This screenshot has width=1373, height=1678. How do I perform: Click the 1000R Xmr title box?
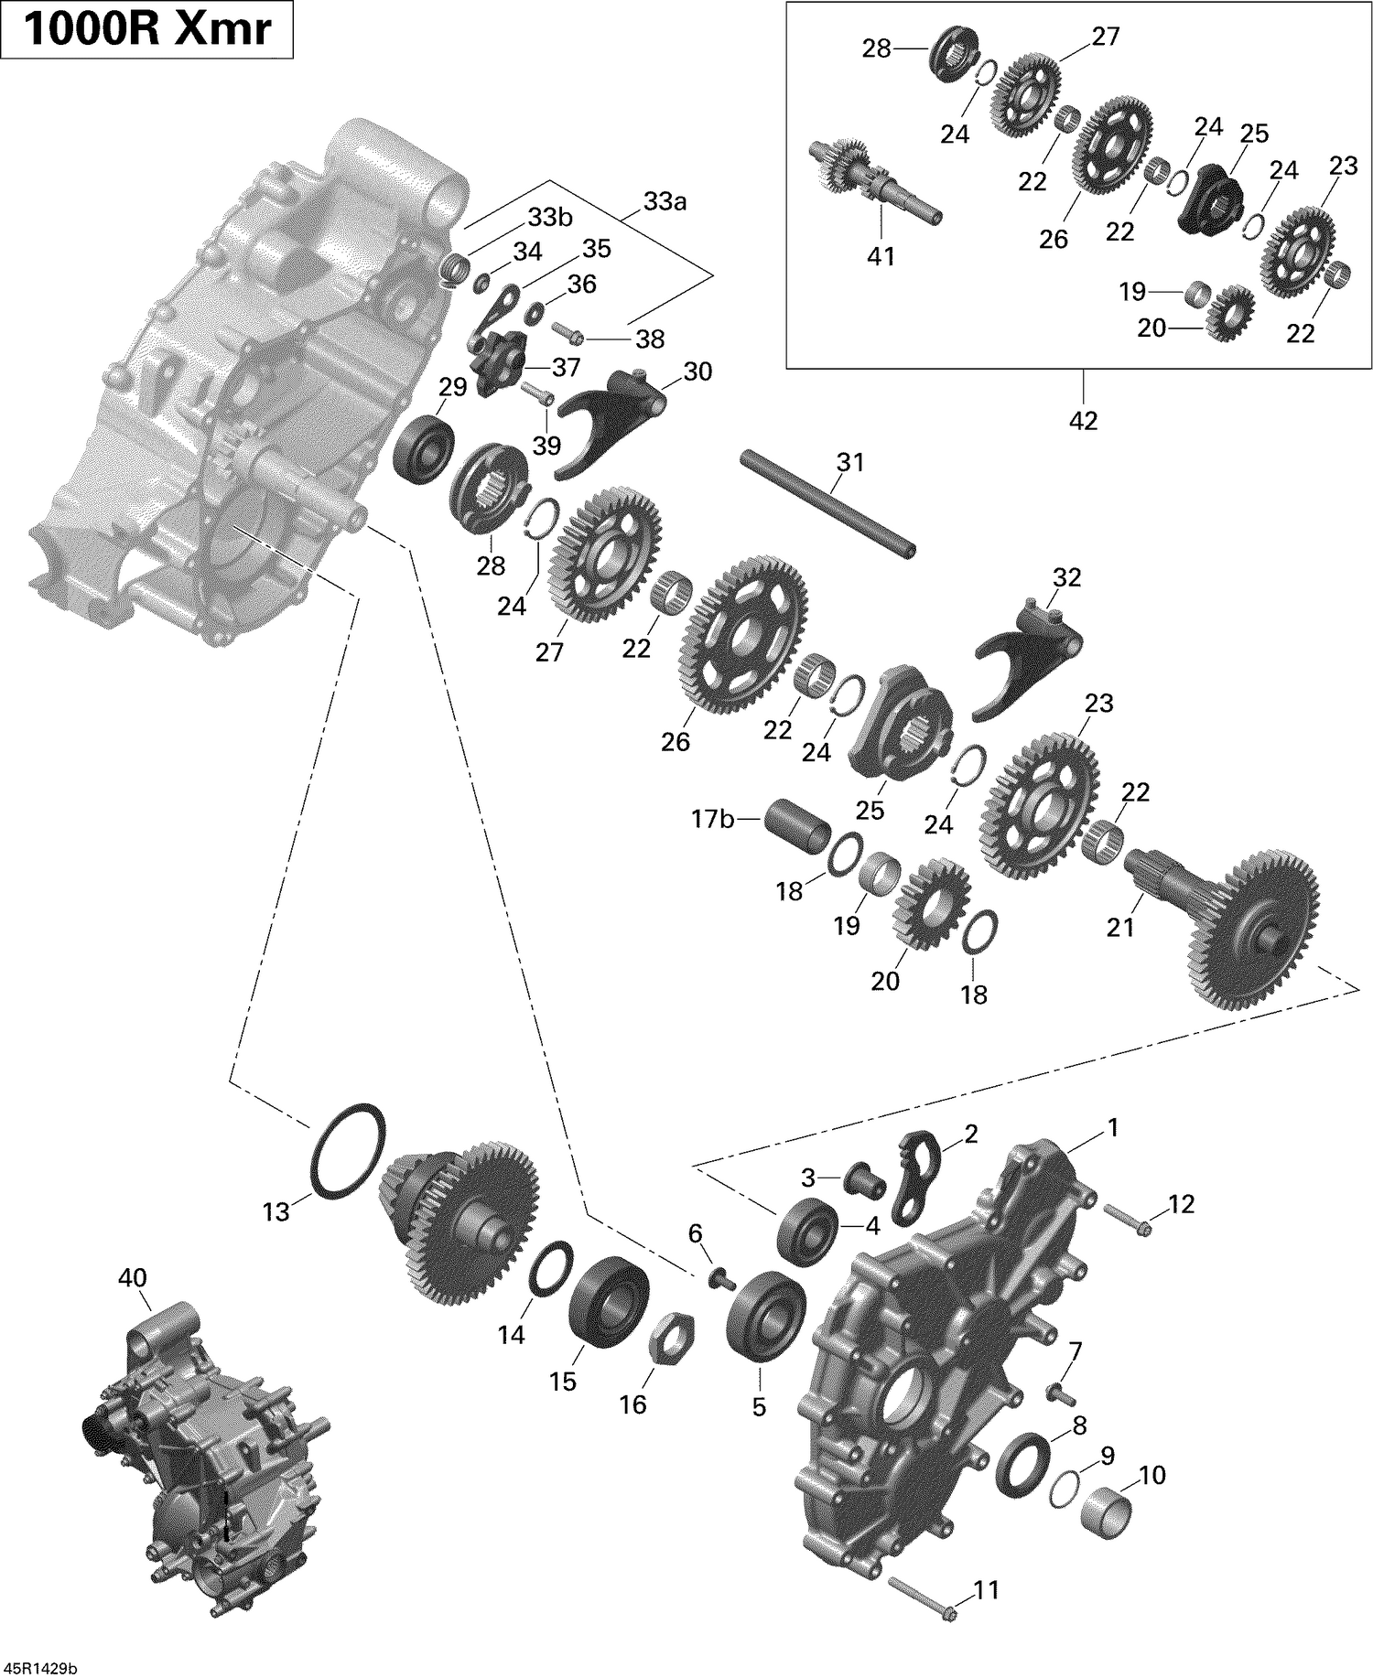coord(146,30)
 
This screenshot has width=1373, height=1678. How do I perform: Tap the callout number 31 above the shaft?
coord(849,463)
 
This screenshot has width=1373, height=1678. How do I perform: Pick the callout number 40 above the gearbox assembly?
coord(133,1277)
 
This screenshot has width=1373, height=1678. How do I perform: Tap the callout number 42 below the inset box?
coord(1083,421)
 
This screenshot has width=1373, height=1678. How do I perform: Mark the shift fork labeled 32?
coord(1026,655)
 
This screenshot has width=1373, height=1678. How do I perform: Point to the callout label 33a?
coord(665,202)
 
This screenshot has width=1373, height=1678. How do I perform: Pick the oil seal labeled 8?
coord(1021,1466)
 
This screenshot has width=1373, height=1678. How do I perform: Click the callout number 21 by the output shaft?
coord(1120,927)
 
